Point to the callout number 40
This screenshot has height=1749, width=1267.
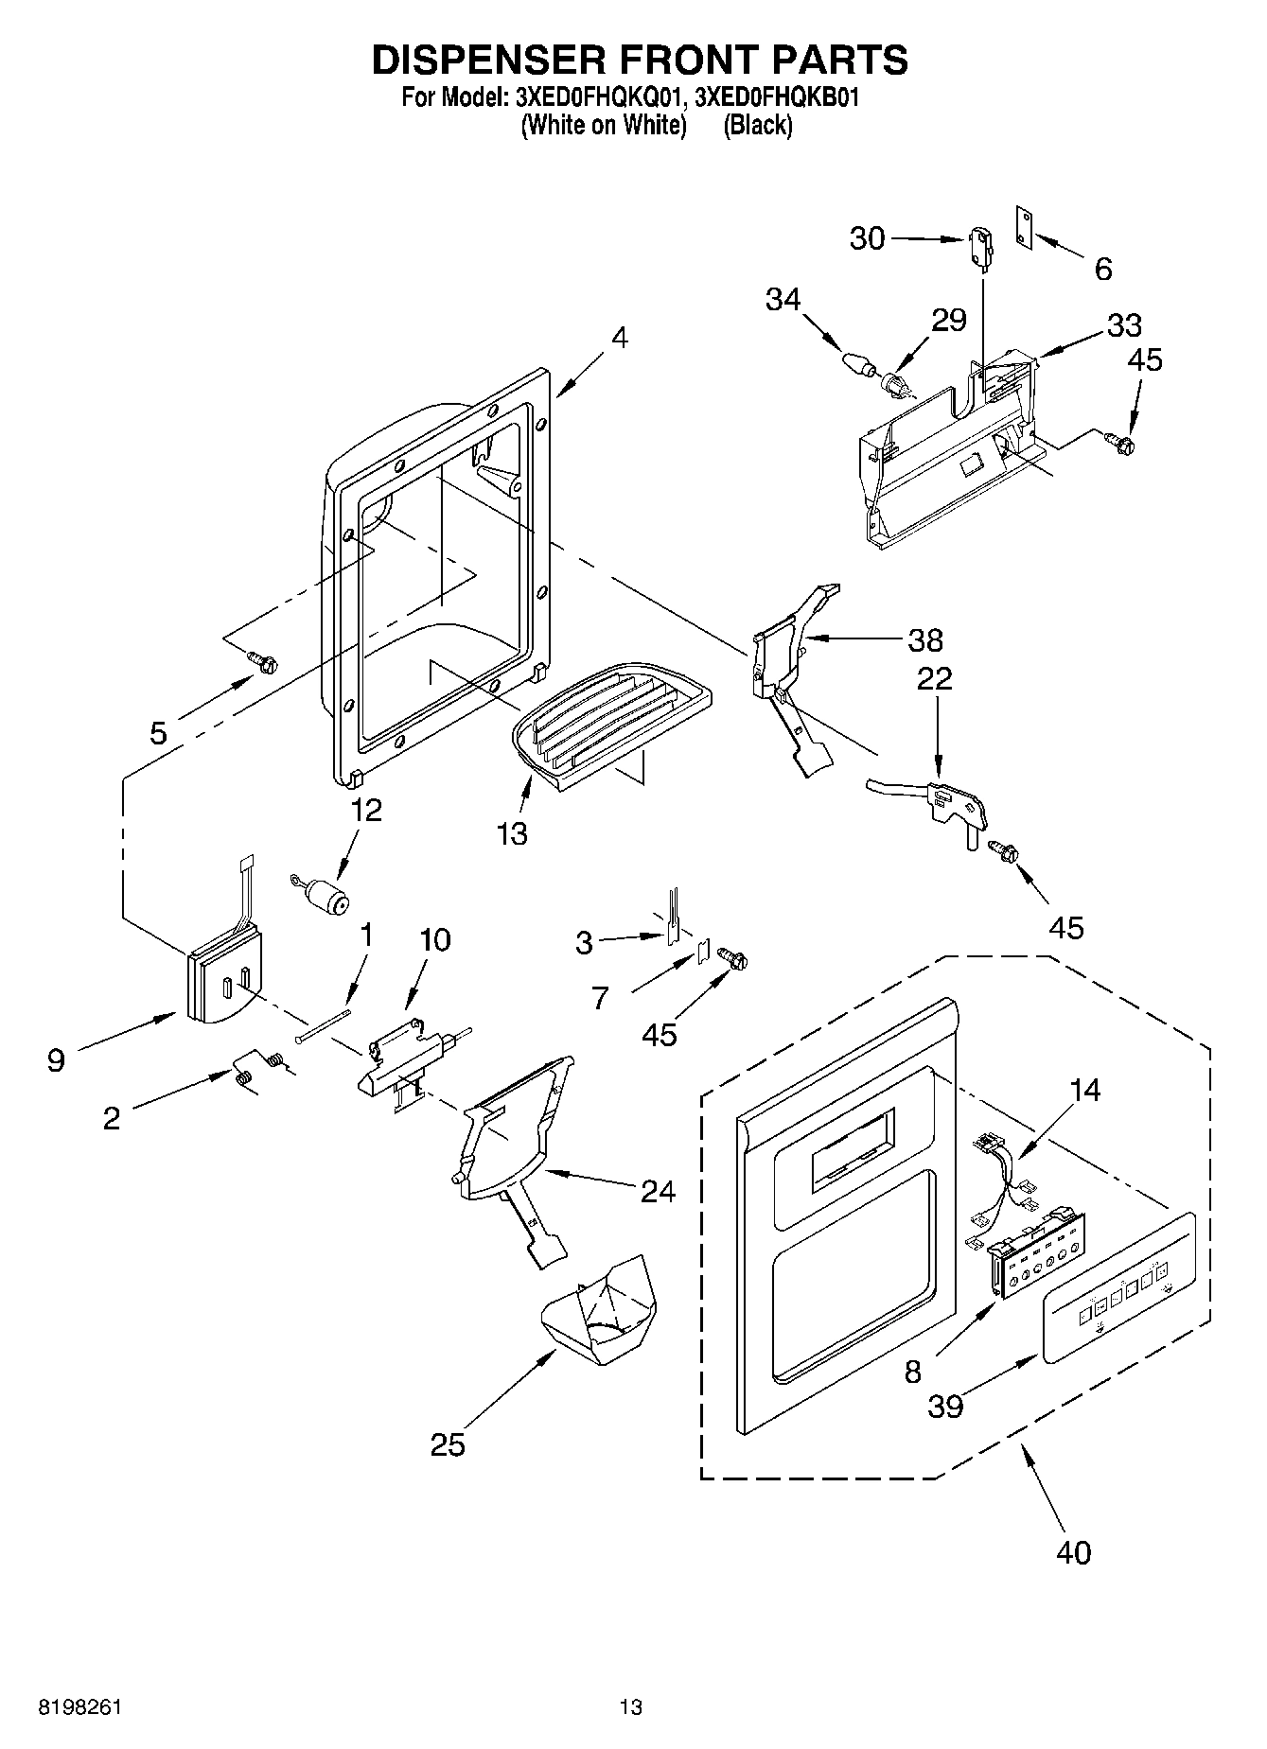click(x=1072, y=1552)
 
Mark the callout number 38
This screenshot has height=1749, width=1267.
click(x=924, y=640)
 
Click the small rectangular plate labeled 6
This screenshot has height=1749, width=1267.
click(x=1023, y=228)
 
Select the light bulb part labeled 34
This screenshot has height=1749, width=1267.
click(x=855, y=363)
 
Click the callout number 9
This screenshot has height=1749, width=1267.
click(x=56, y=1060)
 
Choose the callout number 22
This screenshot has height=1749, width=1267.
click(x=934, y=678)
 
